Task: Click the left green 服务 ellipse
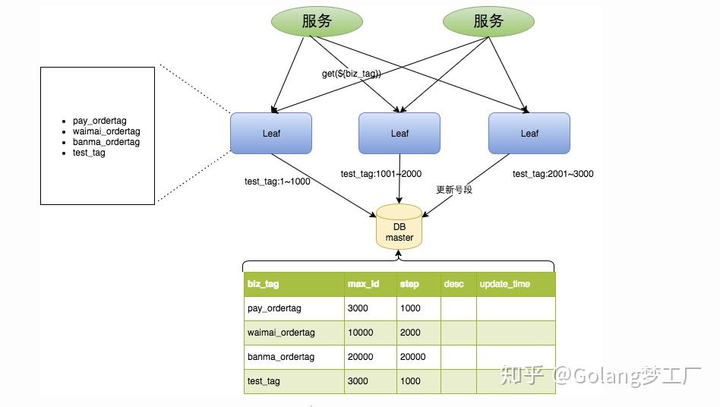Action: pos(316,21)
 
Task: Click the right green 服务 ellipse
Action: pos(488,21)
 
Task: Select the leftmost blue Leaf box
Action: pos(271,133)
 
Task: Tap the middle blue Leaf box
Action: pos(399,133)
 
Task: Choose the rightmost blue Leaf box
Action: pos(529,133)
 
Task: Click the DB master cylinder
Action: pos(399,227)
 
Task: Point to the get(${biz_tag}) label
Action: pos(352,74)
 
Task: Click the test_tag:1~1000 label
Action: pos(277,181)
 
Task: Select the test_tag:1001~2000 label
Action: pos(381,174)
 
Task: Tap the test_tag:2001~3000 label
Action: pos(553,174)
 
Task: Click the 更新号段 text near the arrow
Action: pos(454,189)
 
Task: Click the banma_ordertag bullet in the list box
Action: pos(106,142)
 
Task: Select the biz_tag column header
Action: pos(264,284)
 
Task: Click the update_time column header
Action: pos(504,284)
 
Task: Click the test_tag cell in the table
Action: pos(264,381)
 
